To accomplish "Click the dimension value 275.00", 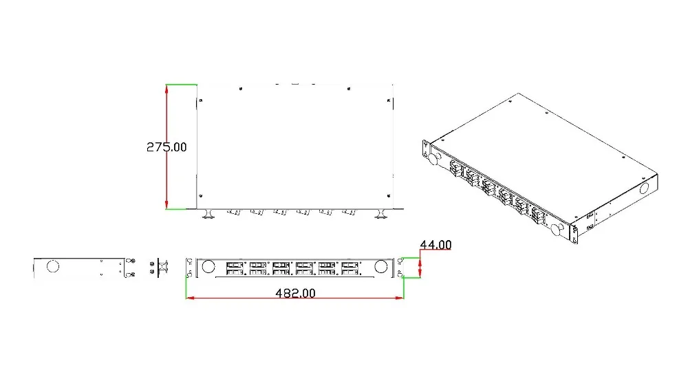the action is click(x=166, y=147).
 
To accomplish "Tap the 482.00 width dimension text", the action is click(x=295, y=292).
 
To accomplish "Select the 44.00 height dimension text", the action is click(x=436, y=244).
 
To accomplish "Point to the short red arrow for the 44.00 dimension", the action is click(x=420, y=268).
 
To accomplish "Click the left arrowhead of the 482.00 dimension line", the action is click(x=190, y=298).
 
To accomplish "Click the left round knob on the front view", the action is click(x=208, y=266).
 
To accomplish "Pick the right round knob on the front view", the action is click(x=381, y=266).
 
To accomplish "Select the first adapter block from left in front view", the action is click(x=235, y=268).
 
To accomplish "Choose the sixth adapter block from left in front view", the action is click(x=350, y=268).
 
